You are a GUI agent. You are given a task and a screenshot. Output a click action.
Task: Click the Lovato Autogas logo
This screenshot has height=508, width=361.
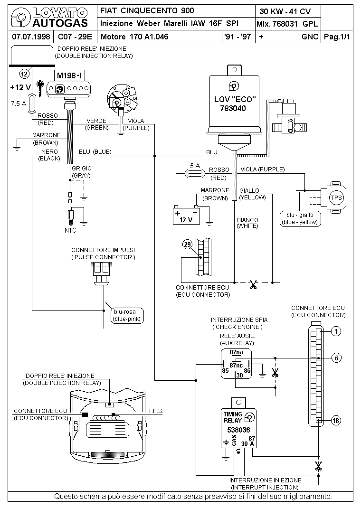coord(49,18)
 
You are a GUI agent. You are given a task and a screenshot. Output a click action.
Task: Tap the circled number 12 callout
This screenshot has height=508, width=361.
coord(24,74)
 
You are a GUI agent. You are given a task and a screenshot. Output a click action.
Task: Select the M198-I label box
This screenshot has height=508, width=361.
coord(69,76)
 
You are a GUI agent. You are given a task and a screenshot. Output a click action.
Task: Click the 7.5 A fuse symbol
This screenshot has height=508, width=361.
coord(32,103)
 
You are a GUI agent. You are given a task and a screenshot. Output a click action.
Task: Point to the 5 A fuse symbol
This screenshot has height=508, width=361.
coord(195,174)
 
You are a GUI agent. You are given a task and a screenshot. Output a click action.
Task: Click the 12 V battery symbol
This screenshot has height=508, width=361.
coord(186,215)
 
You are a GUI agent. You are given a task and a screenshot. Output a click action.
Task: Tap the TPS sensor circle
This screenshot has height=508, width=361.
coord(336,198)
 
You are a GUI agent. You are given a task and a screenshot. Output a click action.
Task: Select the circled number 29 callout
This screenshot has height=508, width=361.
coord(188,245)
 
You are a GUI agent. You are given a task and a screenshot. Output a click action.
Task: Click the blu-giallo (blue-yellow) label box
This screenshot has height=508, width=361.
coord(300,219)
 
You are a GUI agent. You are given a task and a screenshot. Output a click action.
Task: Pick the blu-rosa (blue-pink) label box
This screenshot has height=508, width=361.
coord(127,316)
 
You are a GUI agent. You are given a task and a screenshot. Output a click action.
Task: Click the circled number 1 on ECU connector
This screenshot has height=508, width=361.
coord(336,331)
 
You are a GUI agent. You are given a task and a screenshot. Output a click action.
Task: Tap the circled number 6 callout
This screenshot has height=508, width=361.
coord(336,358)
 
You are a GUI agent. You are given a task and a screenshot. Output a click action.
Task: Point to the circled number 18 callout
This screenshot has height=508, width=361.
coord(336,421)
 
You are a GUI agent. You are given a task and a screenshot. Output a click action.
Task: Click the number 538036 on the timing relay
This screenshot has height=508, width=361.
coord(238,430)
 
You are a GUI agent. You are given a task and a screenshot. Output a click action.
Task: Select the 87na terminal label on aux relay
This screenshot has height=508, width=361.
coord(236,352)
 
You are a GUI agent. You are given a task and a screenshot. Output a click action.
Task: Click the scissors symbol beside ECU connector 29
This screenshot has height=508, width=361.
coord(253,285)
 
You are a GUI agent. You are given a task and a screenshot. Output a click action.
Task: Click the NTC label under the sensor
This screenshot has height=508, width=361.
coord(70,230)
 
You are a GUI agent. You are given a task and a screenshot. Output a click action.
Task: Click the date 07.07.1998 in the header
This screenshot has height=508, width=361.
coord(31,37)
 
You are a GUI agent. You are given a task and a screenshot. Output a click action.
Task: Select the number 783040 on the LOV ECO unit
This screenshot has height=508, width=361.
coord(233,108)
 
